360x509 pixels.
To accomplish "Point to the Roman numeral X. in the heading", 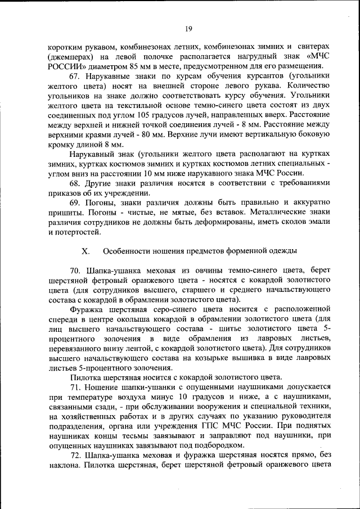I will [86, 250].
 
